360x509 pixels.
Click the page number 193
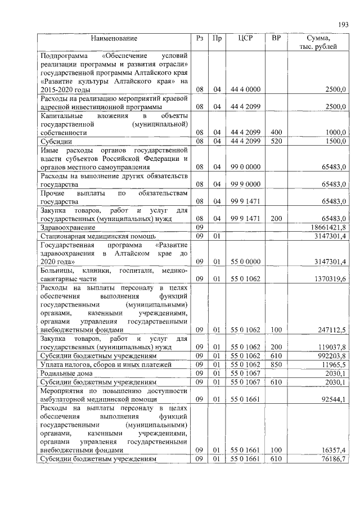click(344, 24)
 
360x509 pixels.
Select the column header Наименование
click(115, 38)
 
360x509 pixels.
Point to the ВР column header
click(276, 38)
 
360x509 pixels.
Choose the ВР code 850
click(276, 365)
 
